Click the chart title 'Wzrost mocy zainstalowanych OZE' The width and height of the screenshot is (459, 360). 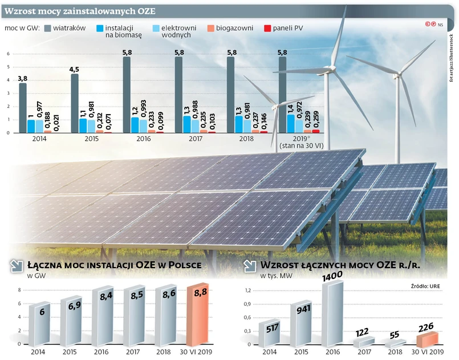(79, 12)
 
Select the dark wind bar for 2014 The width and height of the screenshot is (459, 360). (23, 108)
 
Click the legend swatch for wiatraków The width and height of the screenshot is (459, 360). (47, 28)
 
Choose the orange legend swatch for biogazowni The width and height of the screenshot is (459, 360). (210, 28)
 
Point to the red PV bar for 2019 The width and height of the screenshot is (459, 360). (316, 131)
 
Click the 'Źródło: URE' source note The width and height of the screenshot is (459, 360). (426, 285)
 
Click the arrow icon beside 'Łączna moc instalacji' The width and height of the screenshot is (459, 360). (17, 266)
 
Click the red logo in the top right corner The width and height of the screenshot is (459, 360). (430, 25)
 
